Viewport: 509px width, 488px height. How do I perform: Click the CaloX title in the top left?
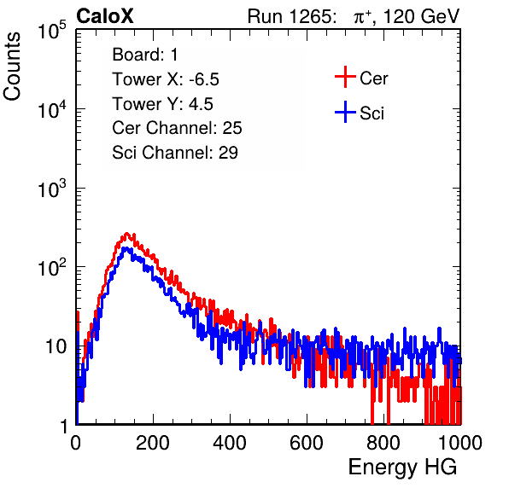pyautogui.click(x=105, y=16)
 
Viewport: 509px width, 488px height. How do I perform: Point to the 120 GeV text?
pyautogui.click(x=421, y=16)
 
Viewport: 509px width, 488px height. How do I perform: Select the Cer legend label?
pyautogui.click(x=373, y=78)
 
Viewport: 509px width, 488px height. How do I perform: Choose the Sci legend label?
pyautogui.click(x=372, y=113)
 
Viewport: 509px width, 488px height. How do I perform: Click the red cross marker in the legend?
pyautogui.click(x=345, y=77)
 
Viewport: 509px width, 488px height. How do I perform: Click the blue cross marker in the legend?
pyautogui.click(x=345, y=112)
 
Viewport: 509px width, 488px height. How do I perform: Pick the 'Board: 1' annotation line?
pyautogui.click(x=145, y=55)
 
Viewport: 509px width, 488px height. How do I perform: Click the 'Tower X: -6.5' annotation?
pyautogui.click(x=166, y=79)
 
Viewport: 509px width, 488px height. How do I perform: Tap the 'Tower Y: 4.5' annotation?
pyautogui.click(x=162, y=104)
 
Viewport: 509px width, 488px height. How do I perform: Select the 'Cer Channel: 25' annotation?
pyautogui.click(x=177, y=128)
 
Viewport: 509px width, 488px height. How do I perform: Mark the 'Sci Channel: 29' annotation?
pyautogui.click(x=175, y=153)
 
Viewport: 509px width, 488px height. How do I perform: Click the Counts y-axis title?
pyautogui.click(x=12, y=67)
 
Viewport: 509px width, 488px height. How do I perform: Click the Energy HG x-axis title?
pyautogui.click(x=402, y=468)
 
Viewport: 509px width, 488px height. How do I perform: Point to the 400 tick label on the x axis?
pyautogui.click(x=230, y=443)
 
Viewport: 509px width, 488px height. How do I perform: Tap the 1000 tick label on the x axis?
pyautogui.click(x=460, y=443)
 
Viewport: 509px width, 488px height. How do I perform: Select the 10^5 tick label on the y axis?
pyautogui.click(x=52, y=31)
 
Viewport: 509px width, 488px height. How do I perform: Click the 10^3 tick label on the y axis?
pyautogui.click(x=52, y=189)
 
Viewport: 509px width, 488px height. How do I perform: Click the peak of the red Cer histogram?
pyautogui.click(x=127, y=234)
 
